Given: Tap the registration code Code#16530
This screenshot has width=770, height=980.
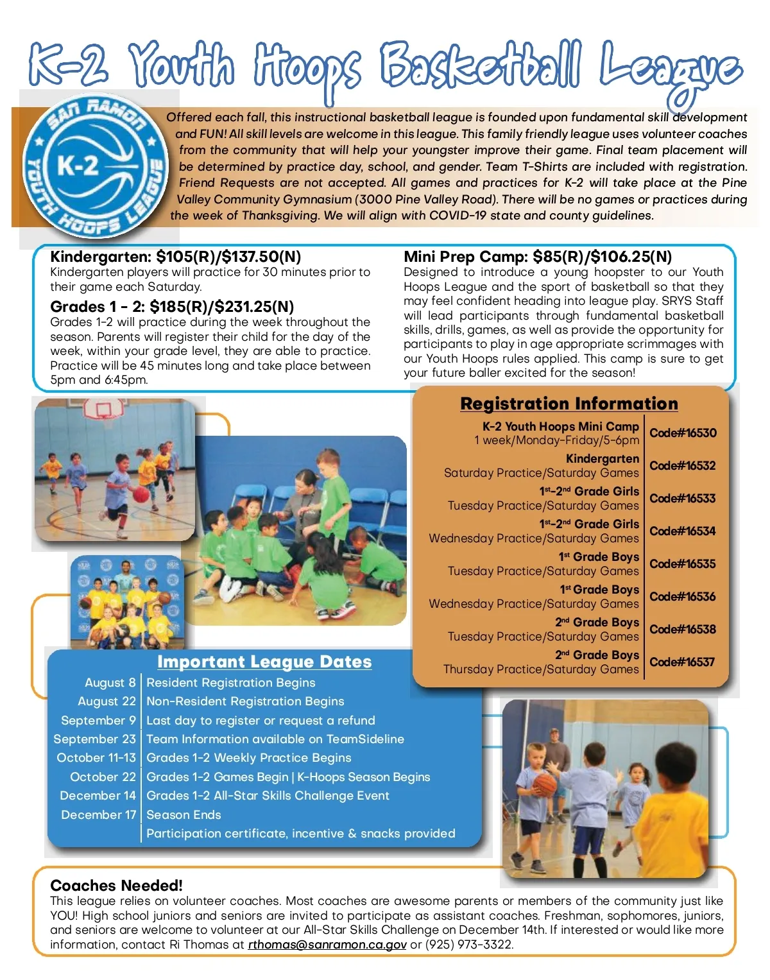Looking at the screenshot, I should pyautogui.click(x=683, y=433).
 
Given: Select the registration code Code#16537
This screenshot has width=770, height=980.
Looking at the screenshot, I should pyautogui.click(x=682, y=662).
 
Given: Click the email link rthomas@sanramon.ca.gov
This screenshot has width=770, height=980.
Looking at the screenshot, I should pyautogui.click(x=327, y=945).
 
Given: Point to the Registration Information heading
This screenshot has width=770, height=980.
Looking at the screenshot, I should pyautogui.click(x=569, y=404).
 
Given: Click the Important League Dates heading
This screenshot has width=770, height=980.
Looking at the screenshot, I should pyautogui.click(x=264, y=662).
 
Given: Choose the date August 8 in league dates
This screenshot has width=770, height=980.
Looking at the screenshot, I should pyautogui.click(x=110, y=683).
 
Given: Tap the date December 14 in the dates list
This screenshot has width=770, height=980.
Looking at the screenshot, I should pyautogui.click(x=98, y=796).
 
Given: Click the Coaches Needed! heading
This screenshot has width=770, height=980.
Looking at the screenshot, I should pyautogui.click(x=116, y=886).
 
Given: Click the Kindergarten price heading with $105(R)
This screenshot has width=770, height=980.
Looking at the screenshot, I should pyautogui.click(x=175, y=257).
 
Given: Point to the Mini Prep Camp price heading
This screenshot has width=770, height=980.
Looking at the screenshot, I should pyautogui.click(x=538, y=257).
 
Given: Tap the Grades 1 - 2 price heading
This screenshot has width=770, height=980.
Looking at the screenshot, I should pyautogui.click(x=172, y=307).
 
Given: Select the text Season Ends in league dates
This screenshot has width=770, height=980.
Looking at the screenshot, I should pyautogui.click(x=184, y=815).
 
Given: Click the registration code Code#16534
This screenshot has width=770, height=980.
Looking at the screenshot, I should pyautogui.click(x=682, y=531).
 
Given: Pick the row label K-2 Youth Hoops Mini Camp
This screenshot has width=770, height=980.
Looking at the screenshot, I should pyautogui.click(x=560, y=427).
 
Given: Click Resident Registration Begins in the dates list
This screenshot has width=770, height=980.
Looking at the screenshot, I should pyautogui.click(x=231, y=683).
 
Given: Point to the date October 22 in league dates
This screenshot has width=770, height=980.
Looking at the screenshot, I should pyautogui.click(x=103, y=777).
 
